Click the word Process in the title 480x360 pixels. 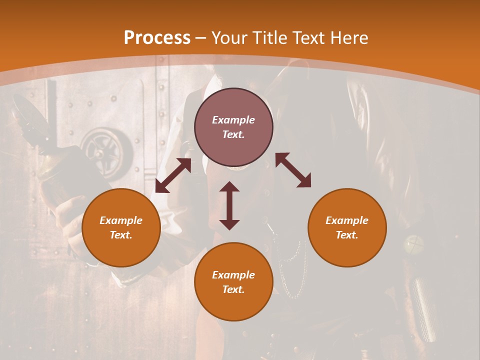pyautogui.click(x=157, y=38)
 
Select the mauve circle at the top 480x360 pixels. pyautogui.click(x=233, y=127)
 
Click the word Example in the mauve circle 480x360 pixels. pyautogui.click(x=233, y=120)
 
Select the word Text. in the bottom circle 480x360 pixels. pyautogui.click(x=233, y=289)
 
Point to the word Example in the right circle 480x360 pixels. pyautogui.click(x=347, y=220)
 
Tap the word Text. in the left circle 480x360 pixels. pyautogui.click(x=121, y=235)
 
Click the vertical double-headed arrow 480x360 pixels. pyautogui.click(x=229, y=205)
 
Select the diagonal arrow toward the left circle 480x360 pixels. pyautogui.click(x=173, y=175)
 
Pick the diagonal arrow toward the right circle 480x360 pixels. pyautogui.click(x=293, y=170)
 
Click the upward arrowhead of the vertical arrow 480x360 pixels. pyautogui.click(x=229, y=187)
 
